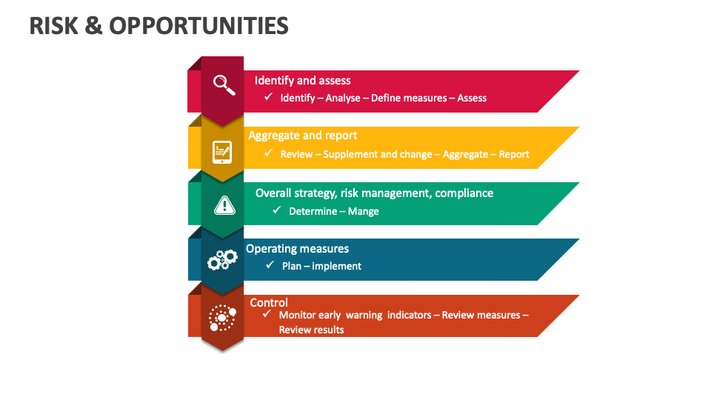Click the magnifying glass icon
pyautogui.click(x=223, y=84)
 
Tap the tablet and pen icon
pyautogui.click(x=222, y=152)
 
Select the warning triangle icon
pyautogui.click(x=223, y=205)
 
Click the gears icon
pyautogui.click(x=222, y=259)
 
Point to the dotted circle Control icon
pyautogui.click(x=222, y=318)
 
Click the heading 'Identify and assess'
pyautogui.click(x=302, y=80)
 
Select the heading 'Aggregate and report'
pyautogui.click(x=302, y=136)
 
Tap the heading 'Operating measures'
pyautogui.click(x=297, y=249)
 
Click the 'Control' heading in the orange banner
pyautogui.click(x=269, y=302)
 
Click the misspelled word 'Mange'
pyautogui.click(x=363, y=211)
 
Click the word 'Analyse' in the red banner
pyautogui.click(x=343, y=98)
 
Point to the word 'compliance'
pyautogui.click(x=464, y=193)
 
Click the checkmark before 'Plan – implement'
pyautogui.click(x=270, y=264)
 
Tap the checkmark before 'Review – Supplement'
pyautogui.click(x=269, y=153)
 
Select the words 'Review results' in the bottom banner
pyautogui.click(x=311, y=330)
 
